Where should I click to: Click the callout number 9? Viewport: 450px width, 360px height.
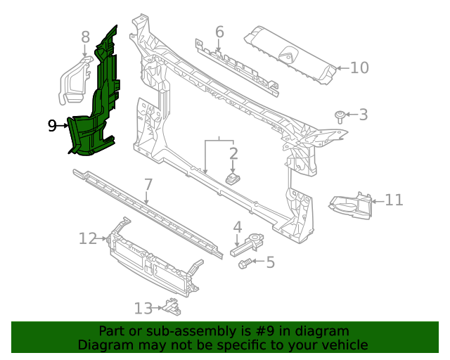[x=52, y=126]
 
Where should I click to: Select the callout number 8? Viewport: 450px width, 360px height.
[x=85, y=37]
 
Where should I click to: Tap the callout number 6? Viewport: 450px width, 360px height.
[x=219, y=32]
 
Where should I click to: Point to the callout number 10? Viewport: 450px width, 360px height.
[x=359, y=67]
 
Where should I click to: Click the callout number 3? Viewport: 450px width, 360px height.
[x=364, y=114]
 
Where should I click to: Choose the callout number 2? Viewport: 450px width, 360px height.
[x=233, y=153]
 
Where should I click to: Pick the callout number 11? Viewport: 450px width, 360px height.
[x=394, y=200]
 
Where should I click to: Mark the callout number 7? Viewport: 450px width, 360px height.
[x=148, y=185]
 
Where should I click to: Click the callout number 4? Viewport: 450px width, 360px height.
[x=238, y=227]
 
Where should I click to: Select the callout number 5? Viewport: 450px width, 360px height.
[x=270, y=262]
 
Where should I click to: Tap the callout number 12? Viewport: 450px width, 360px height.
[x=87, y=239]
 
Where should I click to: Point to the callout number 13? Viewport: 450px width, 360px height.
[x=143, y=307]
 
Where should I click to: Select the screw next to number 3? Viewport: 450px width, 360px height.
[x=340, y=115]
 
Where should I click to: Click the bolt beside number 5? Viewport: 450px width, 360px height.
[x=246, y=263]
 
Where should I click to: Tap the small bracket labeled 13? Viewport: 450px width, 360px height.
[x=170, y=306]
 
